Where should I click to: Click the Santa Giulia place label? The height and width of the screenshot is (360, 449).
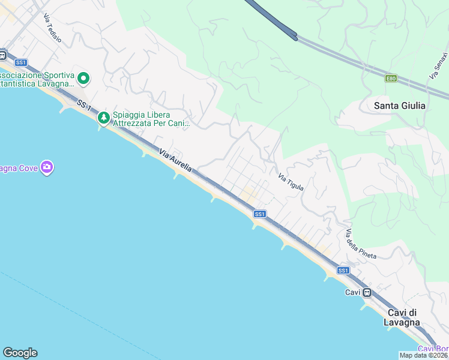click(x=399, y=106)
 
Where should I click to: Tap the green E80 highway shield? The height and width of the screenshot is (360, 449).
click(x=391, y=78)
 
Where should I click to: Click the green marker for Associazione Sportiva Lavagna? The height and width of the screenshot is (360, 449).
click(x=83, y=78)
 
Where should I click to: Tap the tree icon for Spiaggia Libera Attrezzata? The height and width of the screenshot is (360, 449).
click(x=104, y=118)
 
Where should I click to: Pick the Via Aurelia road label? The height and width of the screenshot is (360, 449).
click(x=176, y=161)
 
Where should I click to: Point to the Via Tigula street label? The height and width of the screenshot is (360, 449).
click(x=291, y=183)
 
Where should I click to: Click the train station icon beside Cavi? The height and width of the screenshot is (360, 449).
click(x=367, y=292)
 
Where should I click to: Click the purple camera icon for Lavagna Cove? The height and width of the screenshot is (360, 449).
click(x=47, y=167)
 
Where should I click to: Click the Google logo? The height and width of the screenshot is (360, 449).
click(x=20, y=353)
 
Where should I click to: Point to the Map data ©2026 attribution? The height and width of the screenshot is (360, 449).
click(x=424, y=355)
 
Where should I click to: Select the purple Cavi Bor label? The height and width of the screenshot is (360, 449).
click(x=433, y=349)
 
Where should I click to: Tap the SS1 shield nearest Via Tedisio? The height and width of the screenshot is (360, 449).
click(x=21, y=62)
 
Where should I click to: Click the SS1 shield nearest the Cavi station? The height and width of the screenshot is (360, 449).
click(x=343, y=271)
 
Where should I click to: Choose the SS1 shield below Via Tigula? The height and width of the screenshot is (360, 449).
click(x=259, y=214)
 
